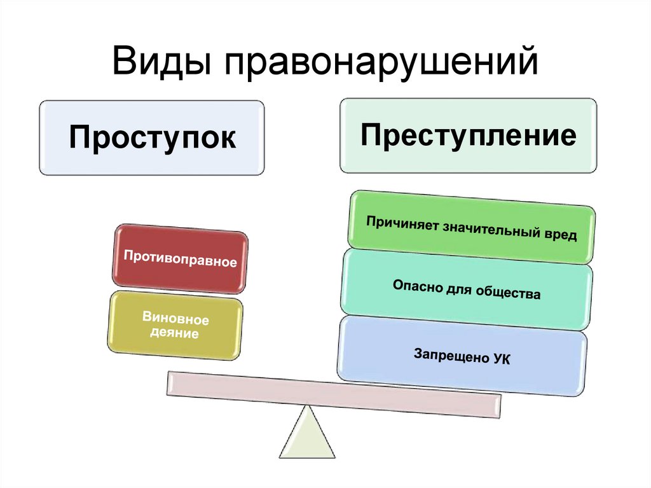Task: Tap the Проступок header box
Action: click(x=152, y=137)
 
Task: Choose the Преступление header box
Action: click(x=469, y=136)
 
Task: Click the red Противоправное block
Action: click(x=181, y=260)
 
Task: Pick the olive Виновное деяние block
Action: click(x=175, y=324)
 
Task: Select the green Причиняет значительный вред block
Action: click(x=471, y=227)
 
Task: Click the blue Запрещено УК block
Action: click(x=462, y=355)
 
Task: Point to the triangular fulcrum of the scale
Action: click(x=306, y=436)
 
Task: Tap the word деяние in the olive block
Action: click(x=174, y=332)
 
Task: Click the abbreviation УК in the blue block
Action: click(x=500, y=359)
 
